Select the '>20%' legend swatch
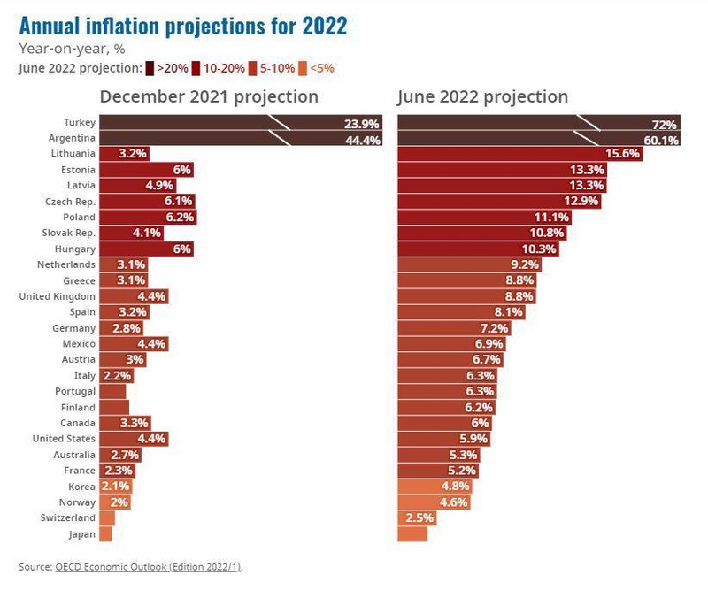tap(151, 68)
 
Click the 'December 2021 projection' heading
tap(208, 96)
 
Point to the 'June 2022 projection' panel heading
tap(482, 96)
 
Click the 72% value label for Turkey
tap(664, 124)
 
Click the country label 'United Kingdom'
tap(58, 296)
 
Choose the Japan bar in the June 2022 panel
tap(412, 534)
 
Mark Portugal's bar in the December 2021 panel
tap(112, 391)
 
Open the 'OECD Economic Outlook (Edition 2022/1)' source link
tap(147, 566)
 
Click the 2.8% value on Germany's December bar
tap(114, 328)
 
